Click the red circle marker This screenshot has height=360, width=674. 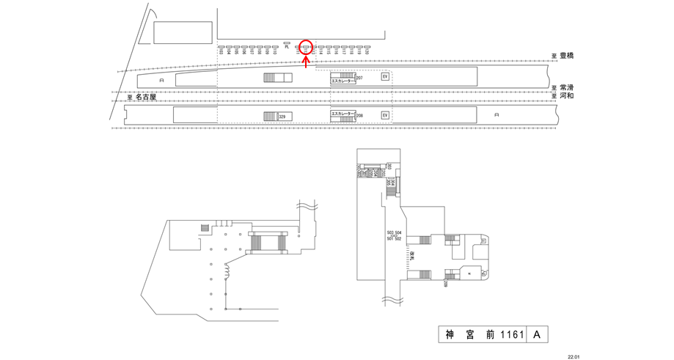click(307, 48)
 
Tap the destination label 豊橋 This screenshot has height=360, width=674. click(567, 56)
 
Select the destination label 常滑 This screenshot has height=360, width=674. click(567, 87)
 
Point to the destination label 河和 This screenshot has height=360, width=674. click(567, 95)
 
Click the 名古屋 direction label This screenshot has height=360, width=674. click(146, 96)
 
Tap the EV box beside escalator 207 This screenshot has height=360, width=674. click(384, 76)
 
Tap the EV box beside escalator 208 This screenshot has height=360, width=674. click(384, 115)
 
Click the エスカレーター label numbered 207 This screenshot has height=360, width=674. click(343, 81)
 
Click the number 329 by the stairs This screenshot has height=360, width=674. click(282, 117)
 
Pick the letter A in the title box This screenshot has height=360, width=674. click(537, 335)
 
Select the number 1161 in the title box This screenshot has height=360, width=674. click(513, 335)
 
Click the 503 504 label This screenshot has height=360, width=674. click(394, 232)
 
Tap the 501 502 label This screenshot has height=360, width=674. click(394, 239)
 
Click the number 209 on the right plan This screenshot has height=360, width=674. click(446, 283)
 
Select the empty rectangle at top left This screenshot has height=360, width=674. click(182, 32)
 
